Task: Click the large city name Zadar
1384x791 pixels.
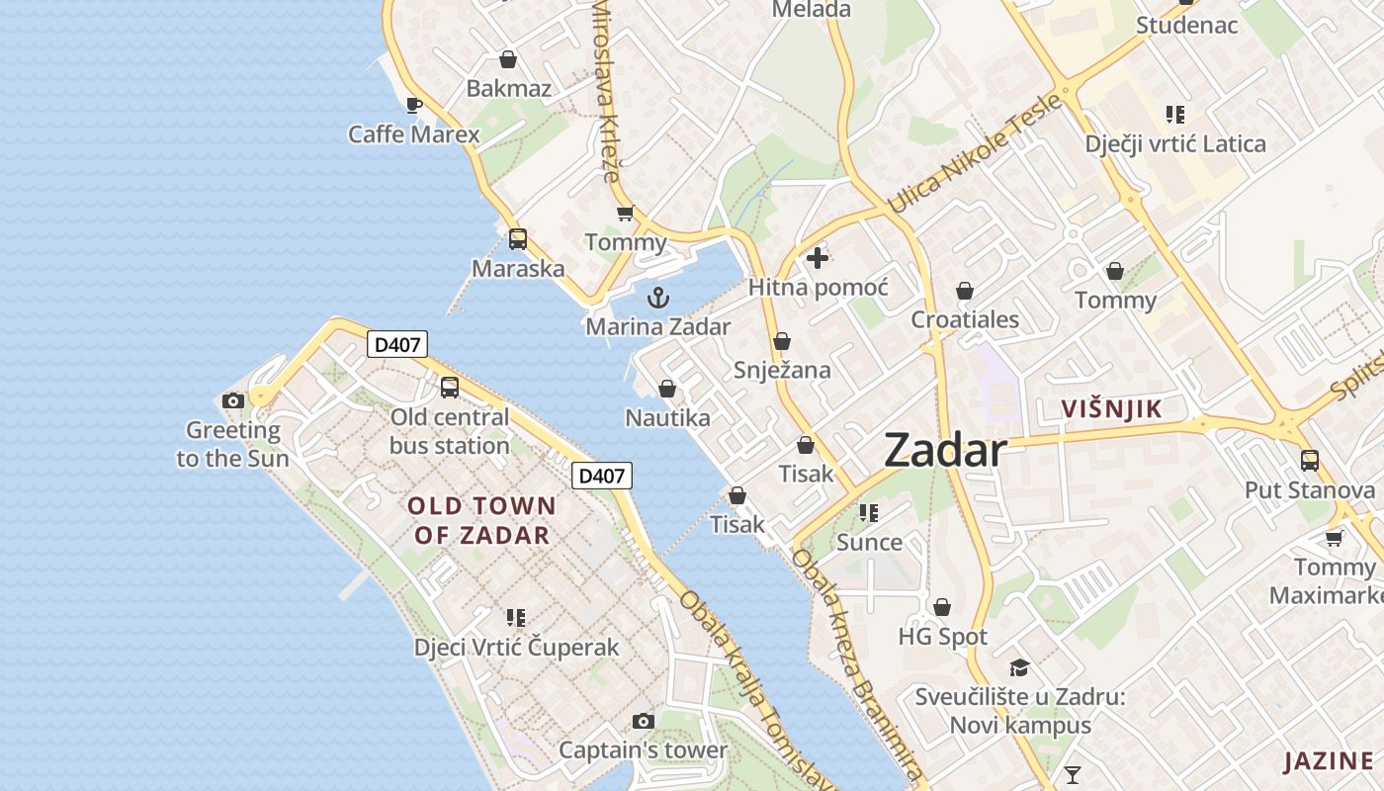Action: pyautogui.click(x=946, y=451)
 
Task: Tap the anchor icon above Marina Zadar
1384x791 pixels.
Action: pyautogui.click(x=657, y=297)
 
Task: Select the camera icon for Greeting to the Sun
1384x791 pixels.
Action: pyautogui.click(x=233, y=400)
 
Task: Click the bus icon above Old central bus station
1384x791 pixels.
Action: pyautogui.click(x=450, y=387)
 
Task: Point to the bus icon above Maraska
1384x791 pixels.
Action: pyautogui.click(x=518, y=238)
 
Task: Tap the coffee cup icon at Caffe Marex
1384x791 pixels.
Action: pyautogui.click(x=414, y=105)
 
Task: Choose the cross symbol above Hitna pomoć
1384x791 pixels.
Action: pyautogui.click(x=818, y=259)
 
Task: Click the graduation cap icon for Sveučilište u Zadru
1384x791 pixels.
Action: pyautogui.click(x=1019, y=667)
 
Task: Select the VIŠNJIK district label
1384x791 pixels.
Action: pyautogui.click(x=1111, y=408)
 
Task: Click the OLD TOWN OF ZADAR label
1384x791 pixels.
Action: pyautogui.click(x=482, y=521)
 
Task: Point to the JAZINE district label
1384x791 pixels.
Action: pyautogui.click(x=1329, y=761)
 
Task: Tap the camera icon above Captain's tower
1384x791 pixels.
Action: pyautogui.click(x=644, y=721)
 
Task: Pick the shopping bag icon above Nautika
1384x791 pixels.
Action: pyautogui.click(x=667, y=389)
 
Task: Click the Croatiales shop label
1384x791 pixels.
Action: pyautogui.click(x=965, y=319)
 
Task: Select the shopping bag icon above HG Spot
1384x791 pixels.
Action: pyautogui.click(x=943, y=606)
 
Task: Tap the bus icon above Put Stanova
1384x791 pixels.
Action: pyautogui.click(x=1310, y=460)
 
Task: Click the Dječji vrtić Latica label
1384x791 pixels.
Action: pyautogui.click(x=1175, y=144)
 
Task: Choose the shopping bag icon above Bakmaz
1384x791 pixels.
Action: pyautogui.click(x=508, y=59)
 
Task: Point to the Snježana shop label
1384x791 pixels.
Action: pyautogui.click(x=782, y=370)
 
